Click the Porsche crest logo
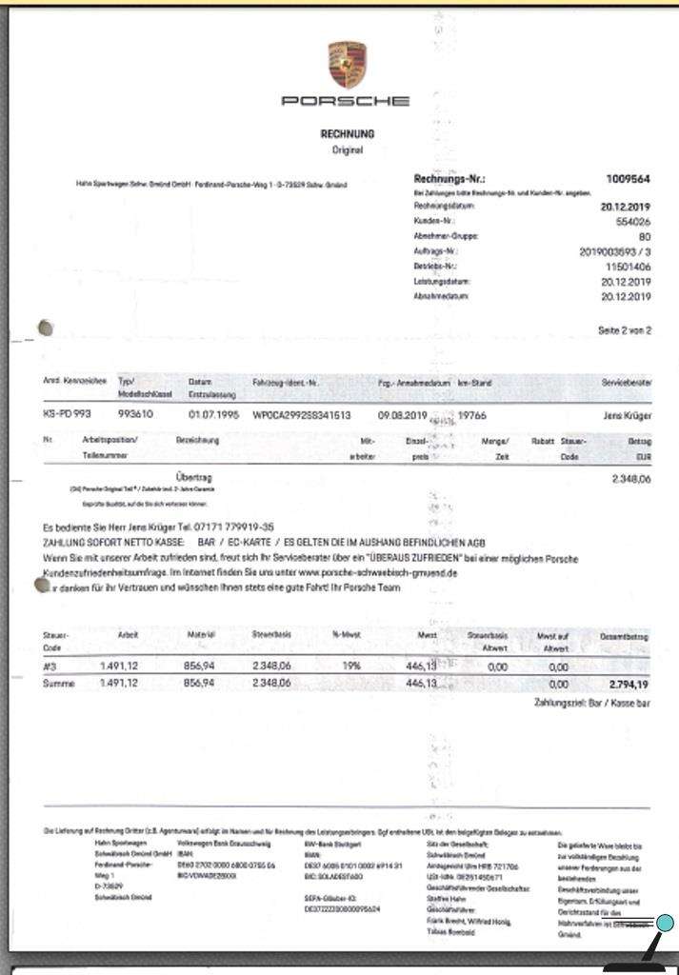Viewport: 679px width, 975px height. coord(347,65)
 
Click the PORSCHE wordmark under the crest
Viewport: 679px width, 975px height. coord(346,101)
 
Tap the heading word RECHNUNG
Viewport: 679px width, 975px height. coord(348,134)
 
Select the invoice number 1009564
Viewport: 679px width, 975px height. coord(629,179)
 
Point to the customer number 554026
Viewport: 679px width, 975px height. coord(632,221)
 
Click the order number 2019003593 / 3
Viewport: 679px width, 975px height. coord(615,251)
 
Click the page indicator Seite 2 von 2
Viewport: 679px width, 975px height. coord(625,330)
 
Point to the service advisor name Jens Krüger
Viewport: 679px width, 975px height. coord(627,415)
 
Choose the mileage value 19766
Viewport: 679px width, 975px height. coord(473,415)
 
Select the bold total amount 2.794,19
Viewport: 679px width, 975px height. coord(629,684)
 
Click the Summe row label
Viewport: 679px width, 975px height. coord(58,684)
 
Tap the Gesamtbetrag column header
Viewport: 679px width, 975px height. coord(625,635)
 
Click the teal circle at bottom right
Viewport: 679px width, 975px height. coord(666,923)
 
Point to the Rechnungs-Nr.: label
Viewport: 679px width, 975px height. coord(449,179)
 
